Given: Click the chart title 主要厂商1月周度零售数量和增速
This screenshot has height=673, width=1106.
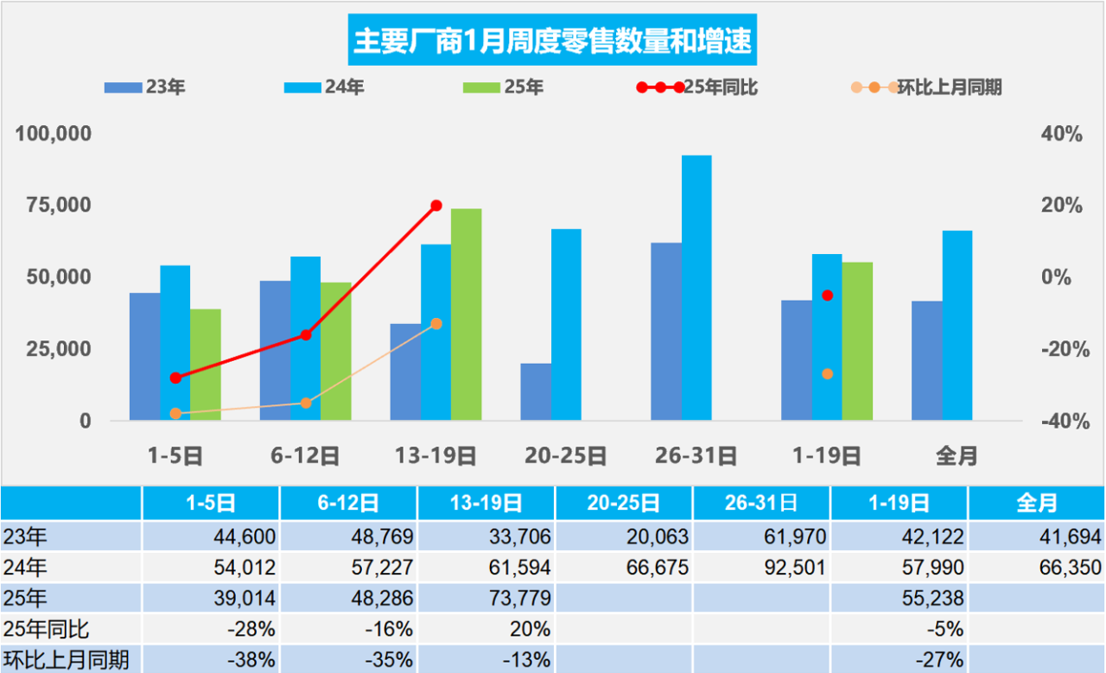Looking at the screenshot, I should pyautogui.click(x=552, y=41).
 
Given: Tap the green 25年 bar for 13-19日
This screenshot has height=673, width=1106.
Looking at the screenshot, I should pyautogui.click(x=466, y=314).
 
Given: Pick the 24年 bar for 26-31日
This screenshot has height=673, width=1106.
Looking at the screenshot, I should pyautogui.click(x=696, y=288).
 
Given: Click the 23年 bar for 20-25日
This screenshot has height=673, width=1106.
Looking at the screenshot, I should pyautogui.click(x=536, y=391).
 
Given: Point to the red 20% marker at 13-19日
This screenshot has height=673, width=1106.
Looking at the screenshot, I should pyautogui.click(x=436, y=206).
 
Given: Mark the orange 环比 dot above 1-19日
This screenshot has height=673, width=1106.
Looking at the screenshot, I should pyautogui.click(x=827, y=374).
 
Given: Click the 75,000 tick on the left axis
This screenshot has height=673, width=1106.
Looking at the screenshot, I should pyautogui.click(x=54, y=206).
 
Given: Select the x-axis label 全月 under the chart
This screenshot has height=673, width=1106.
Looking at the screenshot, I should pyautogui.click(x=957, y=456).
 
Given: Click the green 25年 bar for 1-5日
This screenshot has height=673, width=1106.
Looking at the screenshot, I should pyautogui.click(x=206, y=365).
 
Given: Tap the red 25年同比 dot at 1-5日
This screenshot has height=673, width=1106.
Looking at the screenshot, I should pyautogui.click(x=176, y=378).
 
